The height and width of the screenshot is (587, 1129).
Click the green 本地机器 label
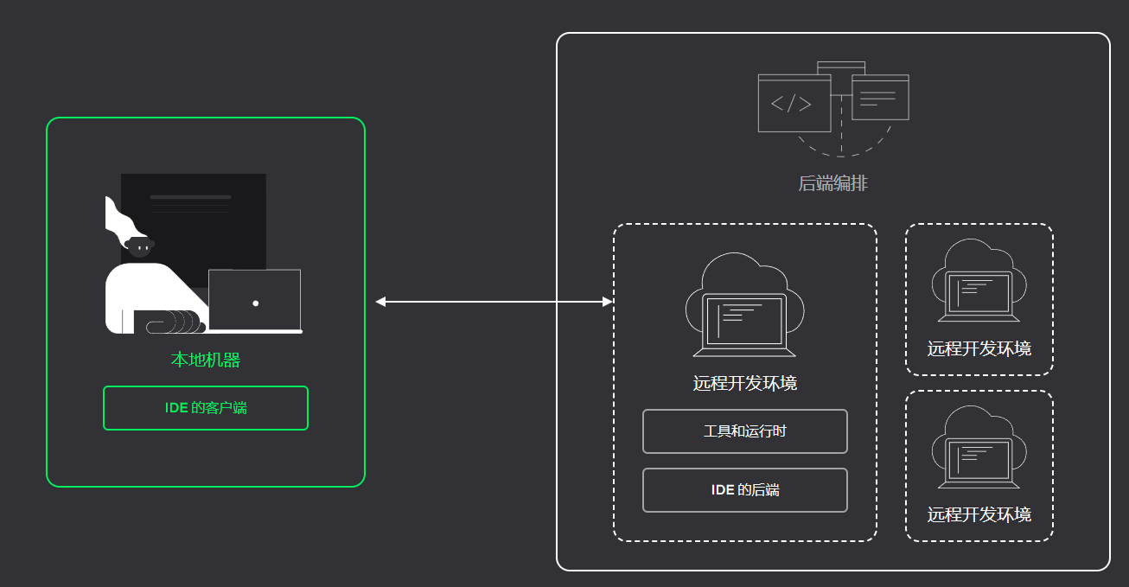[x=205, y=360]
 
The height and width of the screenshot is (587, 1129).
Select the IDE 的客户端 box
[x=206, y=408]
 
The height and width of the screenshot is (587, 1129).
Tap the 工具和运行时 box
[x=744, y=431]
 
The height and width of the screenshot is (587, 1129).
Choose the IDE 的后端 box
[x=744, y=490]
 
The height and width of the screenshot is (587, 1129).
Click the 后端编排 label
[x=832, y=184]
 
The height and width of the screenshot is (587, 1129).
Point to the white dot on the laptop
[x=256, y=303]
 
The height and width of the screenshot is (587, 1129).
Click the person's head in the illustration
[x=139, y=247]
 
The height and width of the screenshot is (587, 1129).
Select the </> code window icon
[x=794, y=104]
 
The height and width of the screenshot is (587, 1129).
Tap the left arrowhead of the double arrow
[x=380, y=302]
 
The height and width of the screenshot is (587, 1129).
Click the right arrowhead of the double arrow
[x=608, y=302]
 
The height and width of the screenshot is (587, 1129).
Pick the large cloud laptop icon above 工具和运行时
[x=744, y=307]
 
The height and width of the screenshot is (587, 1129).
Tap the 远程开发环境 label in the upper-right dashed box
[x=979, y=349]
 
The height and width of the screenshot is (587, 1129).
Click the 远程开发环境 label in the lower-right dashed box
[x=979, y=515]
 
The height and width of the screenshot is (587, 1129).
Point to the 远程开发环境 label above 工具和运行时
[x=744, y=383]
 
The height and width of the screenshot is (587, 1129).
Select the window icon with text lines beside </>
[x=880, y=97]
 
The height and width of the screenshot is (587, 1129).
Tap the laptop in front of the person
[x=255, y=301]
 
